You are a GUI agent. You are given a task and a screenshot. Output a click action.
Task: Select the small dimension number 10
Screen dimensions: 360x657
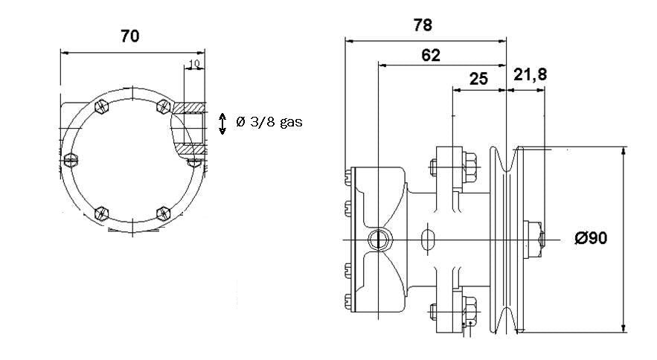[193, 65]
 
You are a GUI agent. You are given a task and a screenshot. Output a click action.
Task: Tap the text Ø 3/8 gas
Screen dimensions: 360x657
[269, 122]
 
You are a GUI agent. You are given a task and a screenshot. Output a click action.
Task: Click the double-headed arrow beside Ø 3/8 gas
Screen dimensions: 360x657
[222, 123]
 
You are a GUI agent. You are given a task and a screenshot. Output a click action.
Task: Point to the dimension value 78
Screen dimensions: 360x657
[423, 25]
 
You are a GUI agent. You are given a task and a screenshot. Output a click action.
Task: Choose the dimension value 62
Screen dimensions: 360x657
[430, 54]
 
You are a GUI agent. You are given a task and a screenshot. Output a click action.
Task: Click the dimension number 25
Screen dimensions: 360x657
[479, 78]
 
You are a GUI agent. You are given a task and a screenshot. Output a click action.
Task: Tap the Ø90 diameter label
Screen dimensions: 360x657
[591, 238]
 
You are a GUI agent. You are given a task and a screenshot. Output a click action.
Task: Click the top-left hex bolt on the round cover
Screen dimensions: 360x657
[102, 107]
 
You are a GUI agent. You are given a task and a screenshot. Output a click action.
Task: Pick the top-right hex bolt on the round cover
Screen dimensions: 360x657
[162, 106]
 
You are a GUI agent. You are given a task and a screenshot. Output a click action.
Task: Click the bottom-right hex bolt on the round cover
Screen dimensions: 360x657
[163, 214]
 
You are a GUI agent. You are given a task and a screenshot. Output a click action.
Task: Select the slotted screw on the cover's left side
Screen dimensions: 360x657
[71, 159]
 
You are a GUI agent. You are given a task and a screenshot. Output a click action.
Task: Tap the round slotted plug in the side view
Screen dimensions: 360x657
[377, 239]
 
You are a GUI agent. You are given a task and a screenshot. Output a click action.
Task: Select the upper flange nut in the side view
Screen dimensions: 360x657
[470, 166]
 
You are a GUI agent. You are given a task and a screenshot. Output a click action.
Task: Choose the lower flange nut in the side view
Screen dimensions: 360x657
[470, 307]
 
